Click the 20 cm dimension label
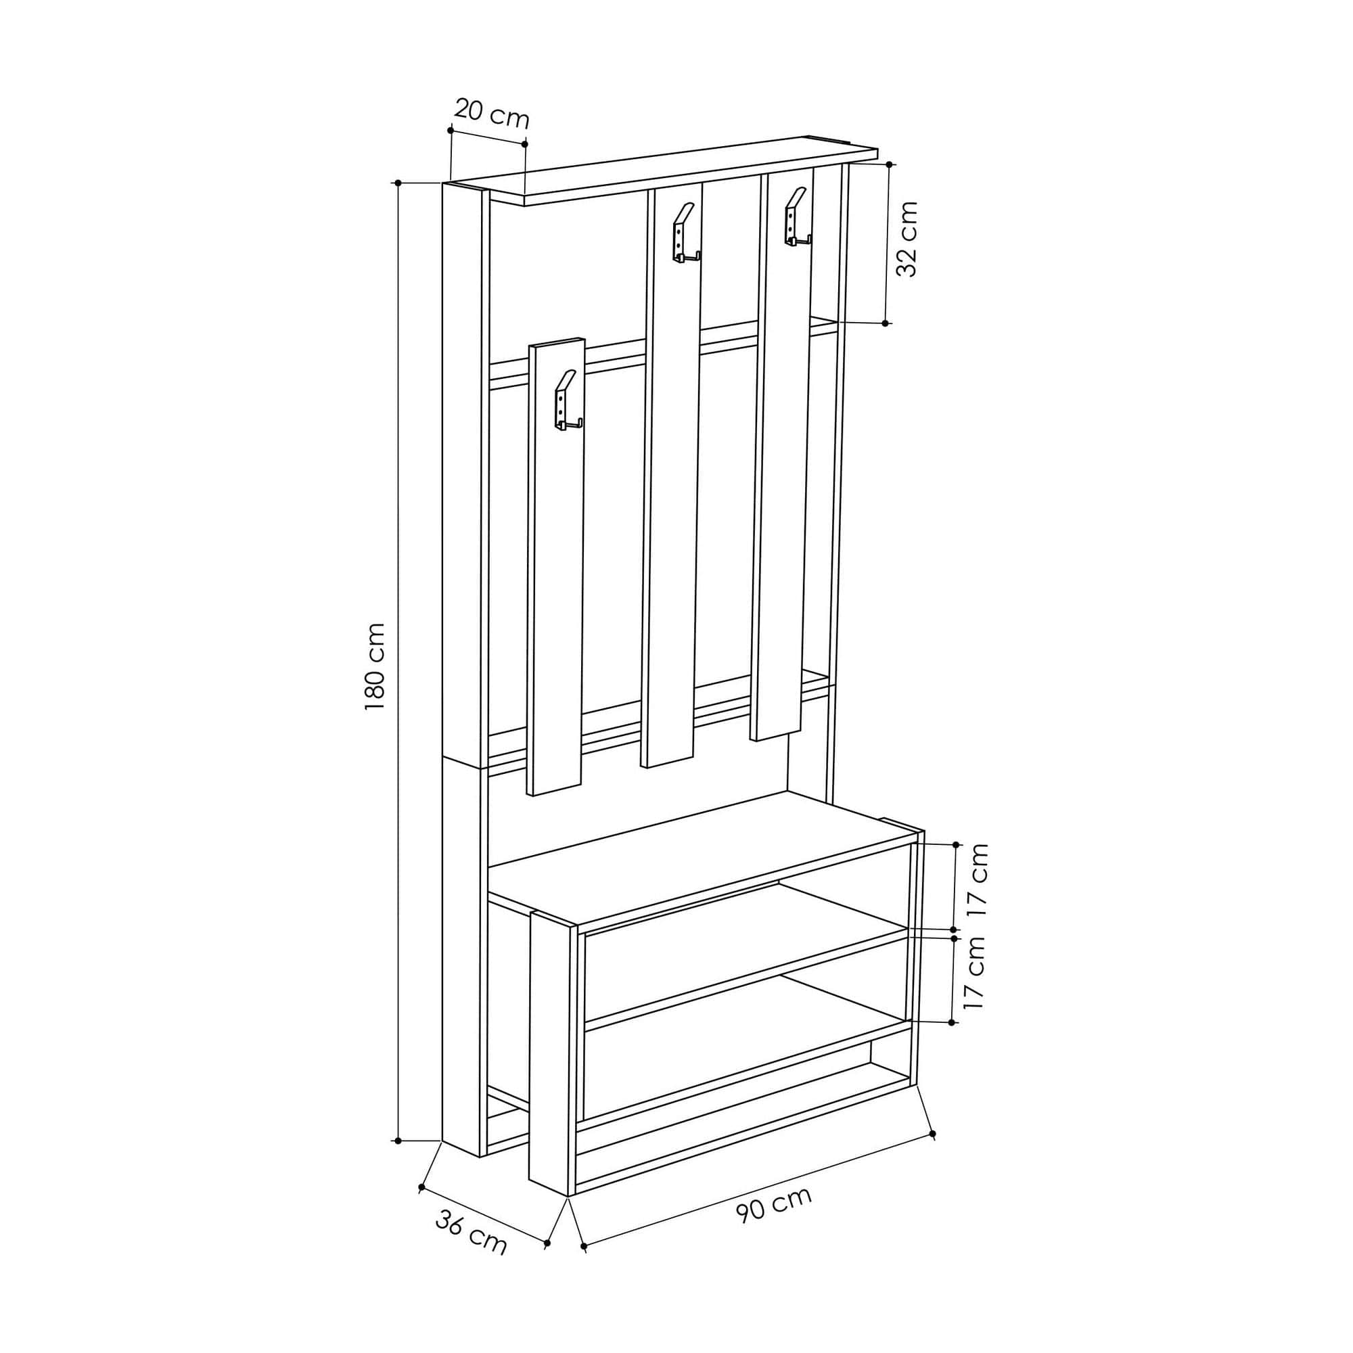coord(492,114)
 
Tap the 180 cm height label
coord(375,667)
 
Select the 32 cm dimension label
coord(907,239)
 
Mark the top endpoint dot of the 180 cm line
coord(398,183)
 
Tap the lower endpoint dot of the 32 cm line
coord(885,323)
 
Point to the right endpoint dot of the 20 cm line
coord(524,143)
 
